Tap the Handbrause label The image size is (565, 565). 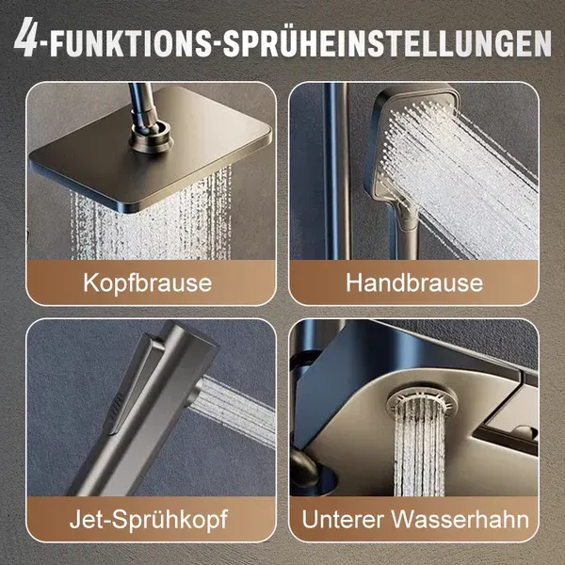pos(413,282)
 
